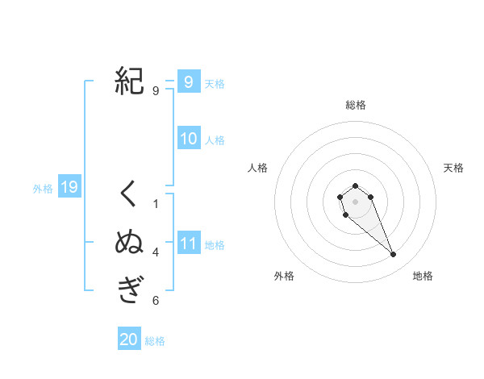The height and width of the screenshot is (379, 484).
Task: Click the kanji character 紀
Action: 129,81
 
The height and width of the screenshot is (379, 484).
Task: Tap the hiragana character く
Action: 129,194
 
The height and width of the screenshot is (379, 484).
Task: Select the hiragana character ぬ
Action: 129,242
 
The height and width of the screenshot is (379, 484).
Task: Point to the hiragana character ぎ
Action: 129,289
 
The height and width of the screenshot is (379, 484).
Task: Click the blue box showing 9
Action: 188,82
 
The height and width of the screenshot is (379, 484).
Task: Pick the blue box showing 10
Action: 188,139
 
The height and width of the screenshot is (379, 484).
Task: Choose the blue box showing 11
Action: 188,244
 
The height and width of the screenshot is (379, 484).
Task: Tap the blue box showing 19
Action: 69,188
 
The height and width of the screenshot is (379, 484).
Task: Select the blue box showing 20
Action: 129,339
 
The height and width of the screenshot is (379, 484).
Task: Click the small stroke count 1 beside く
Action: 156,204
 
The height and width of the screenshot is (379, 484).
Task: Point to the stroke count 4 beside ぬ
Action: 156,252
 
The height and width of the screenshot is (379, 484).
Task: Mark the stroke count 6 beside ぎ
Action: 156,301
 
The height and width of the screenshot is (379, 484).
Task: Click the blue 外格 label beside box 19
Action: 43,189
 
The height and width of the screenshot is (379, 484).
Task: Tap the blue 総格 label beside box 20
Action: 155,341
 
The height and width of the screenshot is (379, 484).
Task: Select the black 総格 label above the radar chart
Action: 355,105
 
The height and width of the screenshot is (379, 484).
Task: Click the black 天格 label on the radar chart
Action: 453,168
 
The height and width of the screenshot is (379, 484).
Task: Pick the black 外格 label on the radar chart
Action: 284,276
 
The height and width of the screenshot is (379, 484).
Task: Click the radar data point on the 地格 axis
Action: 394,255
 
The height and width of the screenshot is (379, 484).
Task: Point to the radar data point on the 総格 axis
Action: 355,185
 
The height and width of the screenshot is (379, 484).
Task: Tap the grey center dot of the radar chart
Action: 355,202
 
